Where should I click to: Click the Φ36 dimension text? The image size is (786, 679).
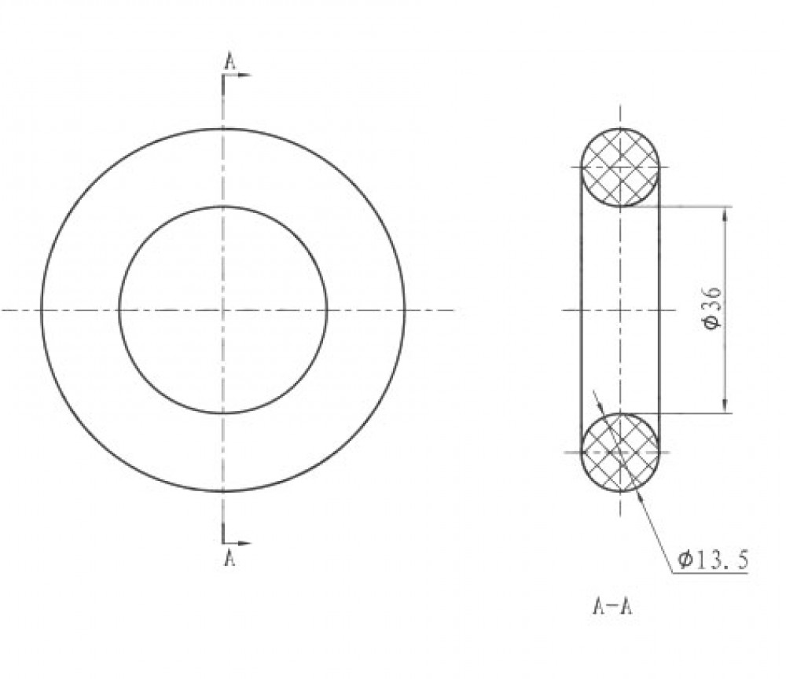(x=712, y=308)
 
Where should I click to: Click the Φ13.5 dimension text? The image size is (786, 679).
(x=714, y=559)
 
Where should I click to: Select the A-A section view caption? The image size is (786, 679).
(x=612, y=607)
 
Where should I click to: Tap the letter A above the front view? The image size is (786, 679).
(x=230, y=61)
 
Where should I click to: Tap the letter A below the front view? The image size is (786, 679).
(x=230, y=558)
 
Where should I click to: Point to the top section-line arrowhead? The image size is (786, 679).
(x=244, y=75)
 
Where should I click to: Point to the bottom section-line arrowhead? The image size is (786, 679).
(x=244, y=543)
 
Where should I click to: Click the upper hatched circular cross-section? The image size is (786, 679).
(x=621, y=167)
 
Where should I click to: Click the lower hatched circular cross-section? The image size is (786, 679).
(x=621, y=453)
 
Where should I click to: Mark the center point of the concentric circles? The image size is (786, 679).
(x=223, y=310)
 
